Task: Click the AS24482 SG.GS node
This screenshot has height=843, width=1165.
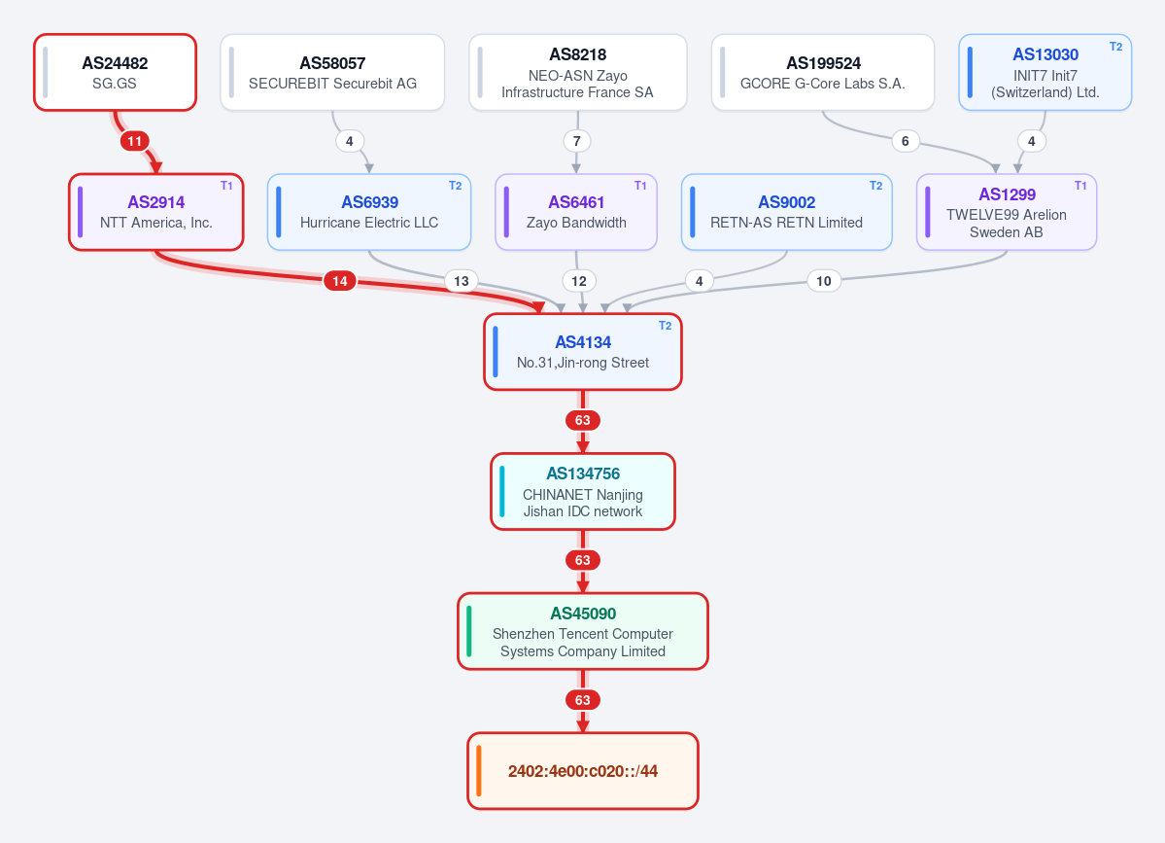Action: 116,72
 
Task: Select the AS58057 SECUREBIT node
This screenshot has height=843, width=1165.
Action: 332,72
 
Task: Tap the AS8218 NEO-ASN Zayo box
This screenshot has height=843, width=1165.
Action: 577,72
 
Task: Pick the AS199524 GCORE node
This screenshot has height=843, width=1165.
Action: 822,72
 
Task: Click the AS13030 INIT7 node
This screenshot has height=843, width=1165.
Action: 1045,72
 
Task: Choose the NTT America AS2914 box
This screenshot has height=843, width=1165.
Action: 156,212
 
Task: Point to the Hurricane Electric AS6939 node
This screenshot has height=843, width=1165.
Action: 369,212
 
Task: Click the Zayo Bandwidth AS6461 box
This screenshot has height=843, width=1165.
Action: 576,212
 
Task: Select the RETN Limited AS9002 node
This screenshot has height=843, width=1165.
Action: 786,212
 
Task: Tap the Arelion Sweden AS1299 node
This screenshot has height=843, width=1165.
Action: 1006,212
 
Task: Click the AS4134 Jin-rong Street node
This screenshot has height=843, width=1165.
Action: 583,352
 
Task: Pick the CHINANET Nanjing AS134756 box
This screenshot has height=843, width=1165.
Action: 583,491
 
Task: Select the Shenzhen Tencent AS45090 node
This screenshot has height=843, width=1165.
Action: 583,631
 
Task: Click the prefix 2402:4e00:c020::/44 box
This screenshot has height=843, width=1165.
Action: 583,771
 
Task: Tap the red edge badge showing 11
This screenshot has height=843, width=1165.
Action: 134,141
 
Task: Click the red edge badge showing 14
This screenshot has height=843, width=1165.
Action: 339,281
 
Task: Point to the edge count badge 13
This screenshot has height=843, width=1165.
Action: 462,281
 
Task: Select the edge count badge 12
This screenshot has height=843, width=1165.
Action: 579,281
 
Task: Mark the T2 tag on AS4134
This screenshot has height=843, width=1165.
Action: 665,326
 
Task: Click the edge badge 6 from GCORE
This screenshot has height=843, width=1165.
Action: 905,141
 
